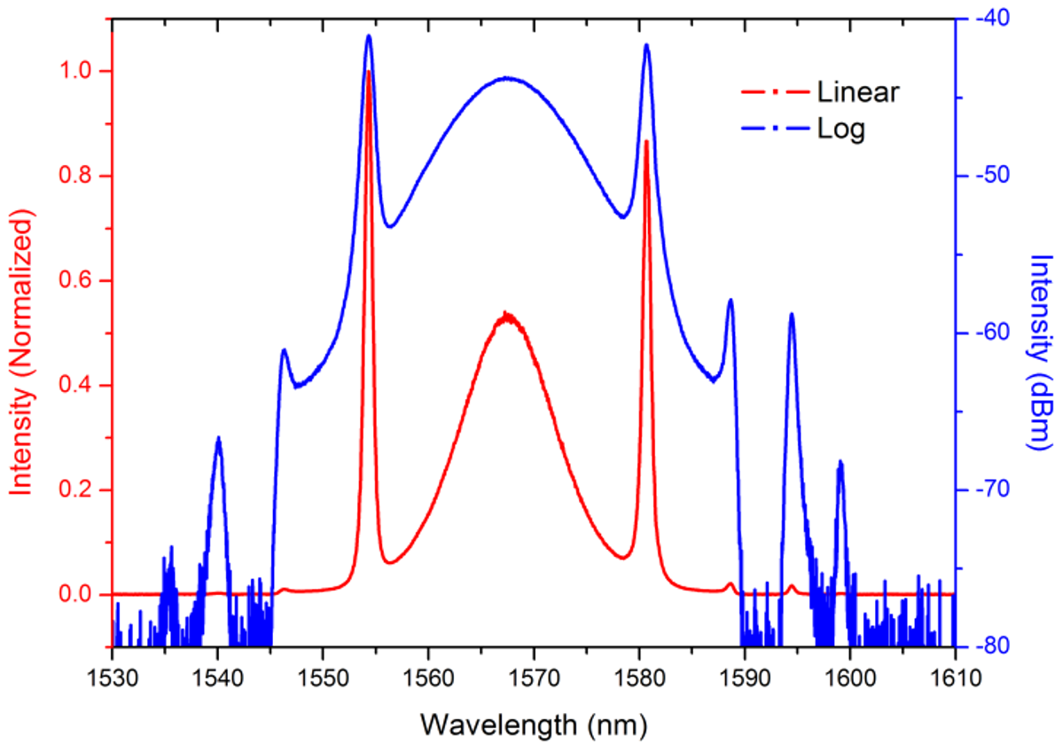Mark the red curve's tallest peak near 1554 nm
coord(368,72)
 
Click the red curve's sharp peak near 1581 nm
coord(646,141)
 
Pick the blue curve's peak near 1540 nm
coord(218,438)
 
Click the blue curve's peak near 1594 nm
coord(791,315)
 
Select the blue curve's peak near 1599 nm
coord(839,462)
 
